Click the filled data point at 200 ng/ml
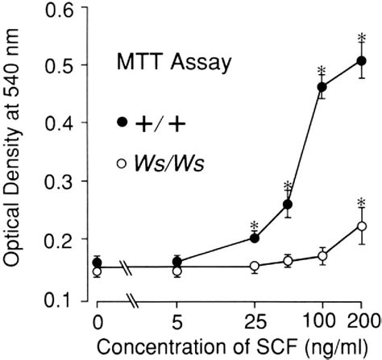click(x=361, y=61)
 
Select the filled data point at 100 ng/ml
click(x=322, y=86)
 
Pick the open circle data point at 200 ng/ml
click(x=361, y=226)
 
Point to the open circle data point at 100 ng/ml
click(x=322, y=256)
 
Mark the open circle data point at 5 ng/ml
click(x=177, y=271)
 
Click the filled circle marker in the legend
click(x=121, y=122)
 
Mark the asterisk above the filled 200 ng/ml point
click(x=361, y=38)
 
